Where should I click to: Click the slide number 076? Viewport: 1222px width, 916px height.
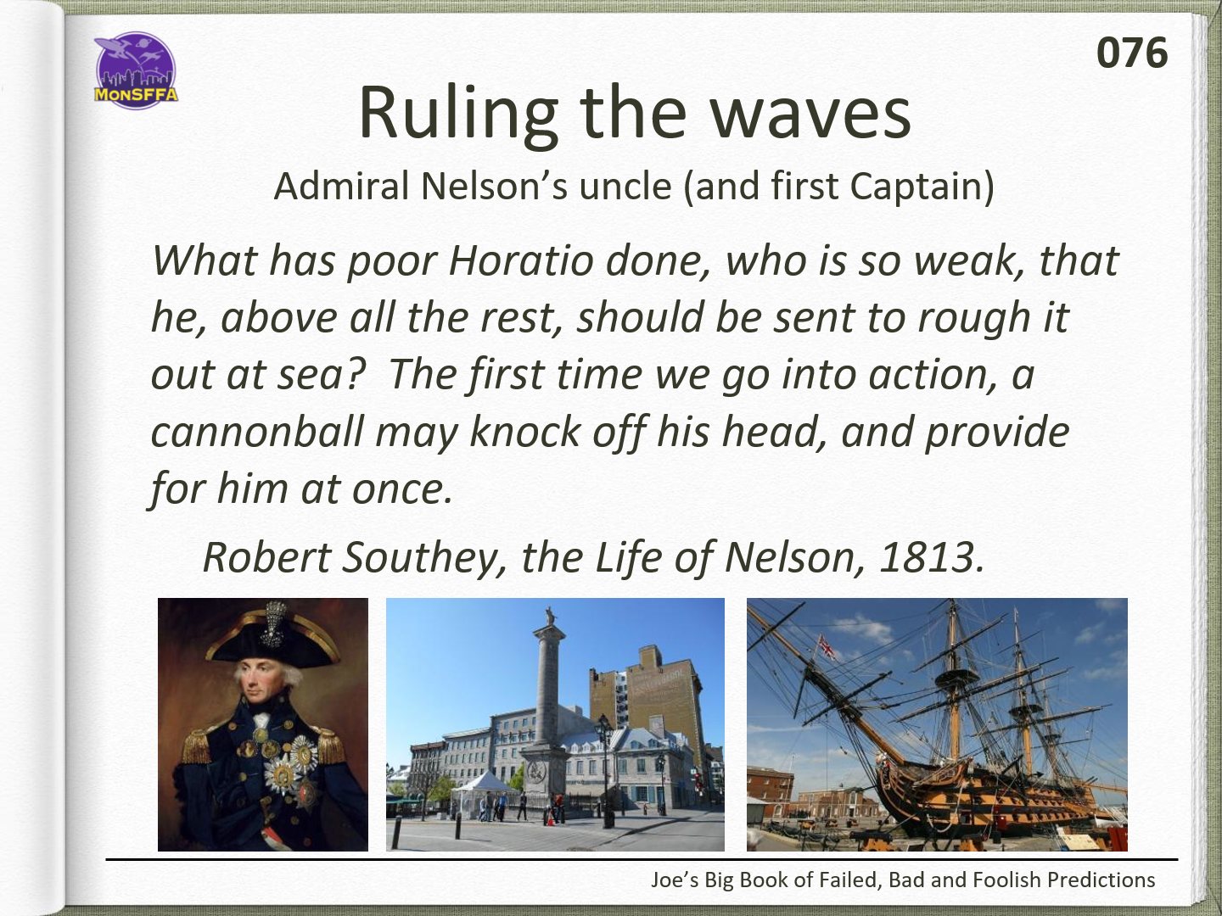coord(1132,53)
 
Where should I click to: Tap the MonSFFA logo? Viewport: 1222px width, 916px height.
coord(136,70)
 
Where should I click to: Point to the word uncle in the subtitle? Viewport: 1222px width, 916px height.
coord(625,186)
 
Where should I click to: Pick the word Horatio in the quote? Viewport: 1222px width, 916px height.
coord(521,260)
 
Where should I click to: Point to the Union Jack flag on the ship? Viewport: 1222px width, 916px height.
coord(826,648)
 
